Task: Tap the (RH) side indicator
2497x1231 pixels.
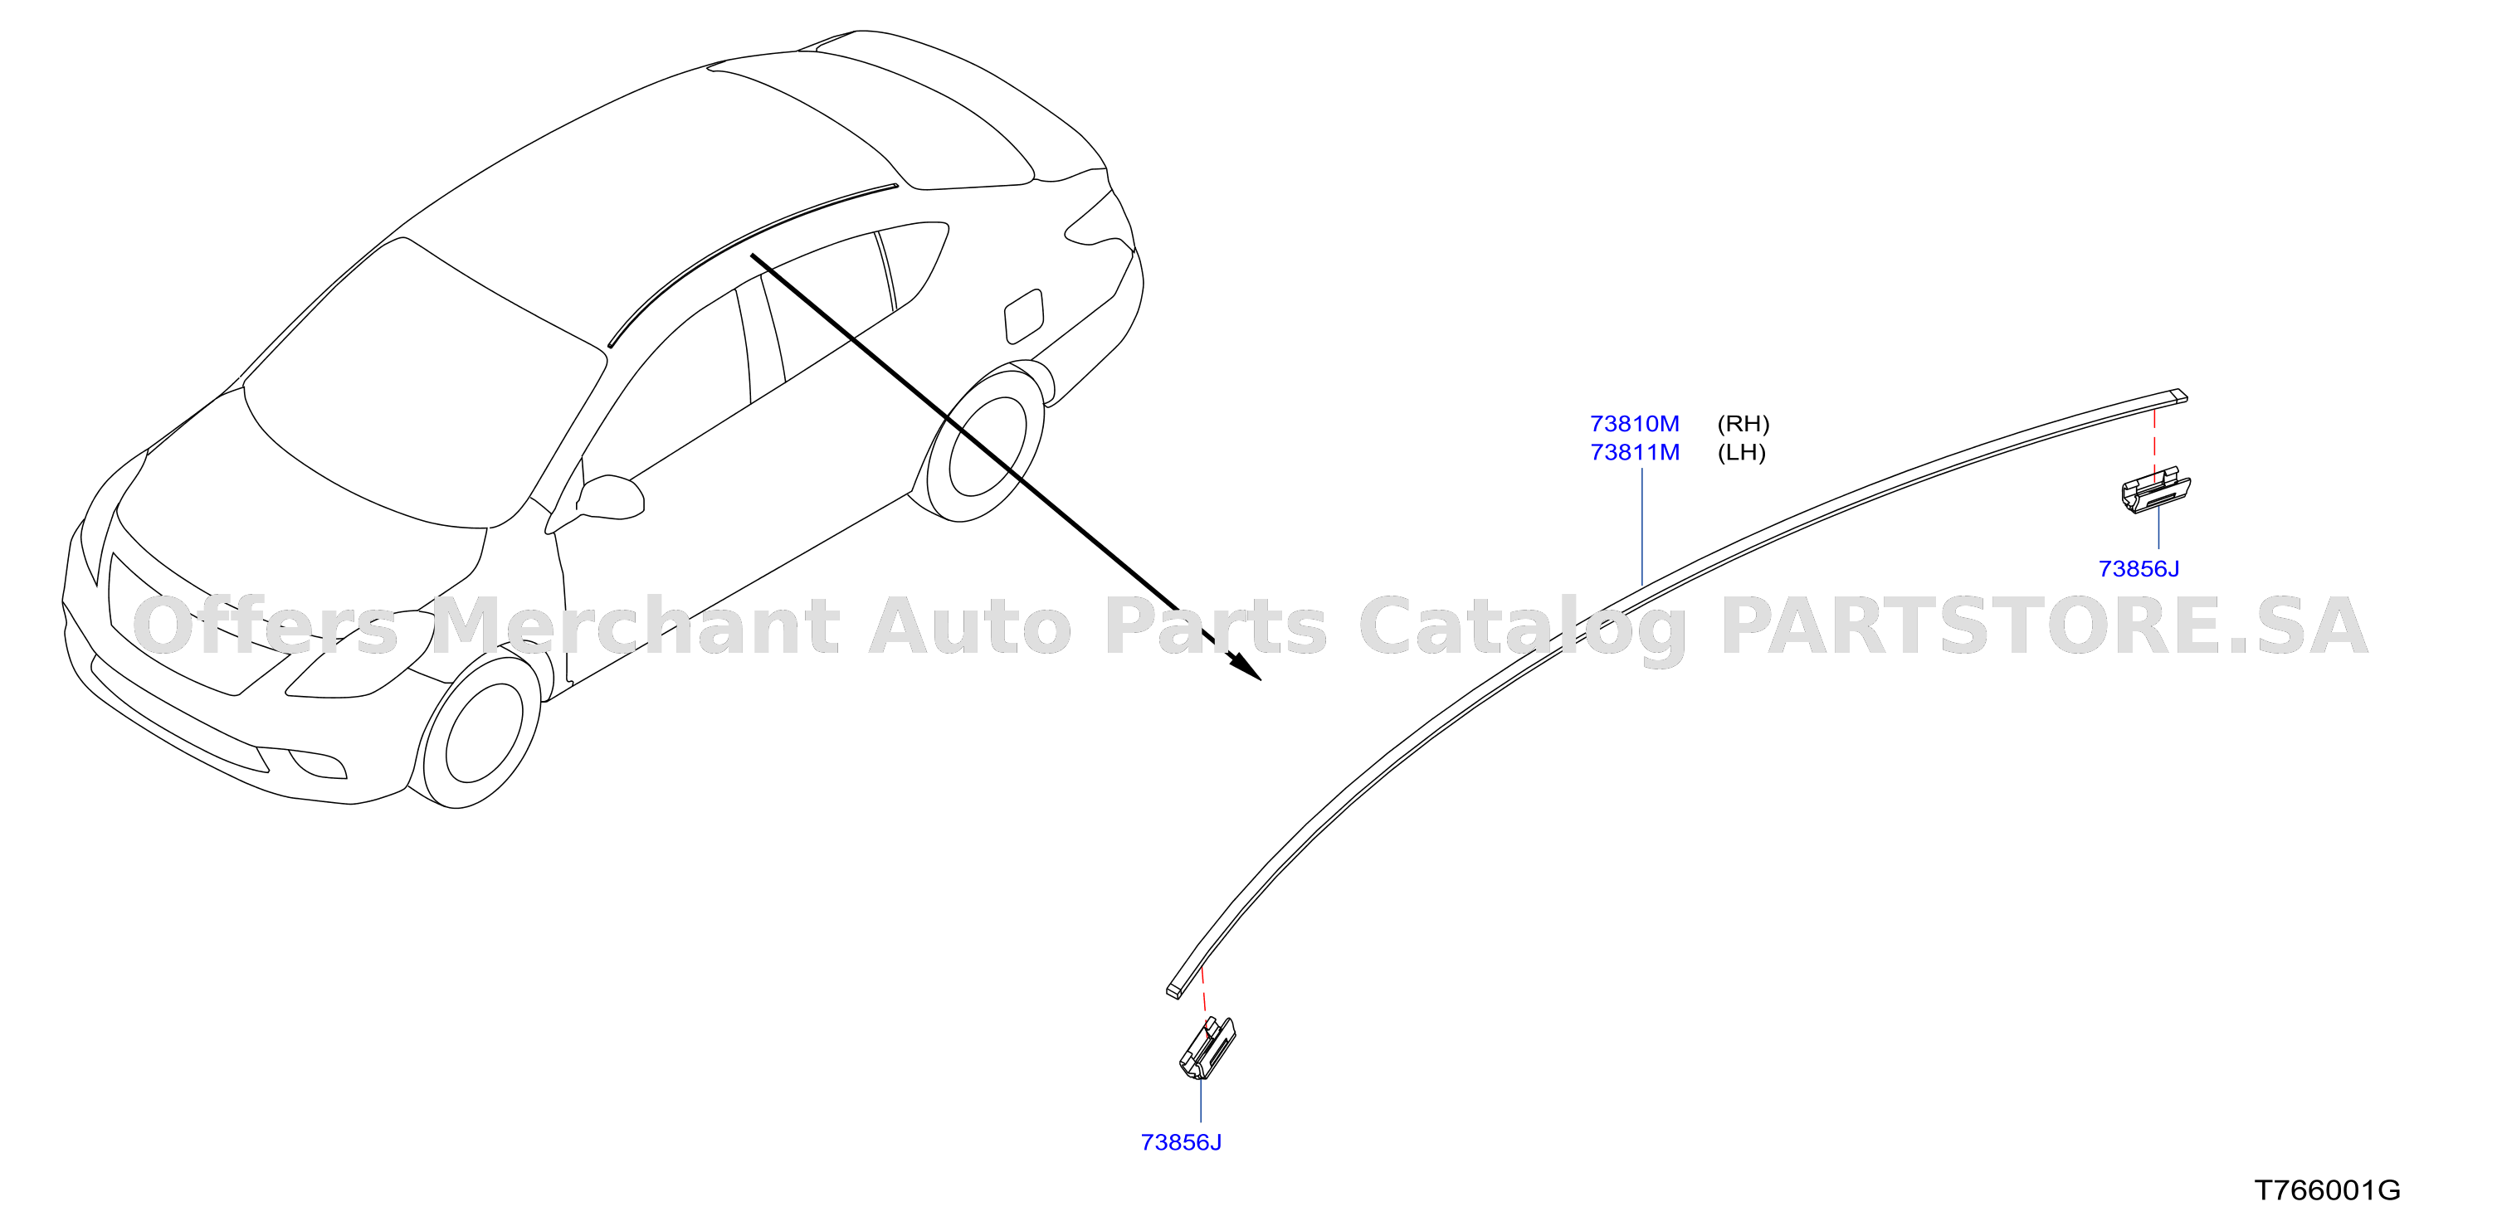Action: click(1743, 424)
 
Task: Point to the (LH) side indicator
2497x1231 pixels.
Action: click(1741, 453)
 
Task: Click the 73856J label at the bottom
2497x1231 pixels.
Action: click(1181, 1143)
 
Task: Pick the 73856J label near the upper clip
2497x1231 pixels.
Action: click(2139, 569)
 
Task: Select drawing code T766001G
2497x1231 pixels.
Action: click(2328, 1190)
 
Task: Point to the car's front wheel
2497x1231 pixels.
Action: click(475, 732)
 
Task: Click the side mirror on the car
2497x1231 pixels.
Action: click(612, 496)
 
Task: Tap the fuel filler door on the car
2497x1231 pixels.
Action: click(1025, 315)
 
